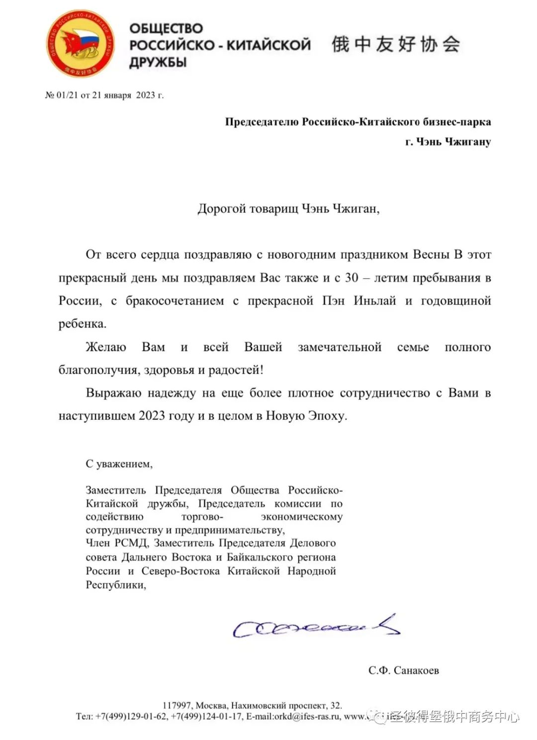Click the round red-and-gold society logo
pos(81,44)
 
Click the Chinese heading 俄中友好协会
pos(396,44)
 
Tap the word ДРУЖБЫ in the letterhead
pos(158,63)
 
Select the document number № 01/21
pos(62,95)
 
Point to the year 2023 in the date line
pos(145,95)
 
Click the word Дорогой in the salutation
pos(222,208)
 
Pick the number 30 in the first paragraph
pos(352,277)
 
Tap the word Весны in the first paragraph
pos(431,255)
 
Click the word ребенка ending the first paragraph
pos(82,324)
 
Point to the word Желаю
pos(106,347)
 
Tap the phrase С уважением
pos(119,464)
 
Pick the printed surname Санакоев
pos(416,670)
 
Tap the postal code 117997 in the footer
pos(177,705)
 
